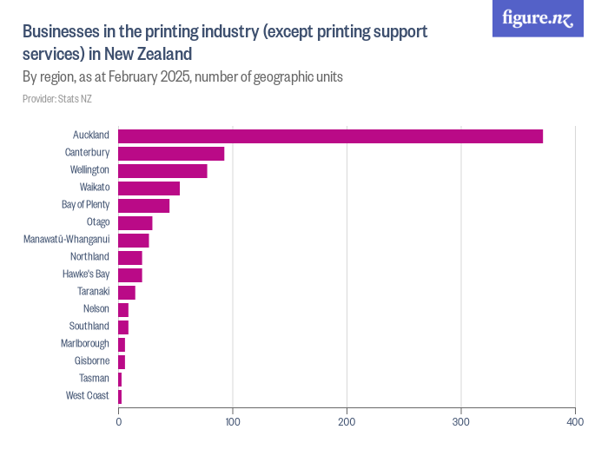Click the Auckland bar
tap(330, 135)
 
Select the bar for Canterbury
tap(171, 153)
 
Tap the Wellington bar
tap(162, 170)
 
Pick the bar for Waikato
tap(149, 188)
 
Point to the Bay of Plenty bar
tap(143, 205)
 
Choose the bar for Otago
tap(135, 222)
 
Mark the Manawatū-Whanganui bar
tap(133, 240)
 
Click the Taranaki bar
tap(127, 292)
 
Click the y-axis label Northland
tap(89, 257)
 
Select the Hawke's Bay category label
tap(85, 274)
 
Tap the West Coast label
tap(87, 396)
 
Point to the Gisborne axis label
tap(92, 361)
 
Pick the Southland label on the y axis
tap(89, 327)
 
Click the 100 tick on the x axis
tap(233, 422)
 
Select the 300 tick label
tap(461, 422)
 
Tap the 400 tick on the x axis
tap(575, 422)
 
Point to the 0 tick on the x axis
tap(119, 422)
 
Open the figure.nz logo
tap(539, 19)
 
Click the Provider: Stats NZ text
tap(57, 99)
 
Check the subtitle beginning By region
tap(182, 76)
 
